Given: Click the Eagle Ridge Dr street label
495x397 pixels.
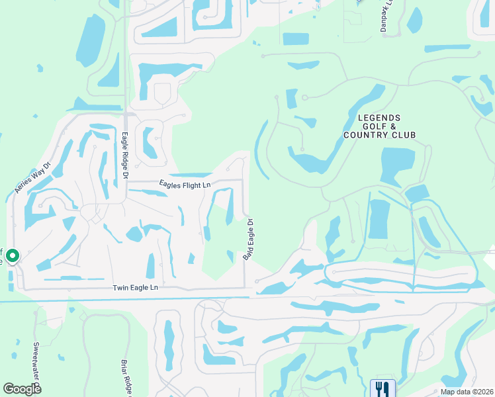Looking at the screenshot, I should (124, 155).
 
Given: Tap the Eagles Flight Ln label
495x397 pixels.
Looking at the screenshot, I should (185, 185).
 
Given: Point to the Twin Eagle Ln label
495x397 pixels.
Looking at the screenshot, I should (136, 288).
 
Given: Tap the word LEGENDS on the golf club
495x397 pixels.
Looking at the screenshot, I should (379, 118).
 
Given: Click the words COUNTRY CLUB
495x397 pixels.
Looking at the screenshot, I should (379, 135).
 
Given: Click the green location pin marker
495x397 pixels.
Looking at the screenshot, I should (12, 256).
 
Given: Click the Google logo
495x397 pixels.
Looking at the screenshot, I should (22, 389).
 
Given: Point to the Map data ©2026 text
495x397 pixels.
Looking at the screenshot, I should (467, 392).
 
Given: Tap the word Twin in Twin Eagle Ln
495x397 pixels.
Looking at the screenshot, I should (120, 288).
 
